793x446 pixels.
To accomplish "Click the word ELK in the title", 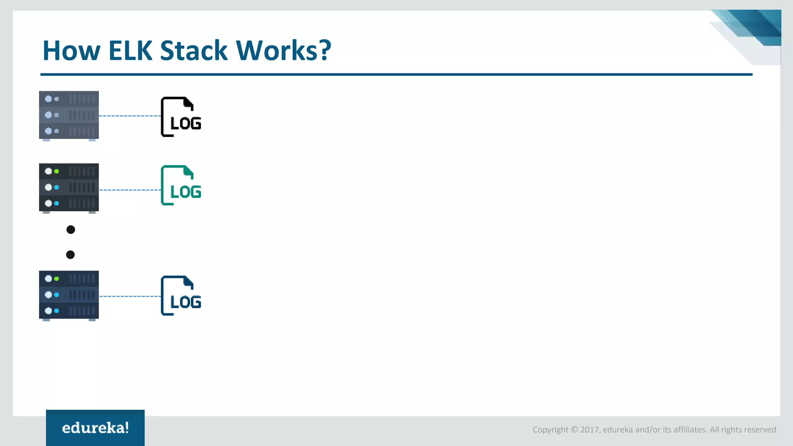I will click(x=130, y=51).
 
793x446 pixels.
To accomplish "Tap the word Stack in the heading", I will click(x=194, y=51).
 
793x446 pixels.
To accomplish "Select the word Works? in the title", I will click(x=283, y=51).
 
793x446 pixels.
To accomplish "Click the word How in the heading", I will click(x=72, y=51).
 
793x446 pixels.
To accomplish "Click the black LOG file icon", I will click(x=180, y=117).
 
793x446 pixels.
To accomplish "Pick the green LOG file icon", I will click(x=180, y=185).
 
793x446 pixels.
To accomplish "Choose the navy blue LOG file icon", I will click(x=180, y=295).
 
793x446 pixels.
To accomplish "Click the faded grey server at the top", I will click(x=69, y=115).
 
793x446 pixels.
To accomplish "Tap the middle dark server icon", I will click(x=69, y=187).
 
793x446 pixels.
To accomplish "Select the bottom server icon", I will click(x=69, y=295).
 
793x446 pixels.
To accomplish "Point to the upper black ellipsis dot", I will click(x=70, y=230).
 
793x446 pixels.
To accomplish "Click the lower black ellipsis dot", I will click(x=70, y=254).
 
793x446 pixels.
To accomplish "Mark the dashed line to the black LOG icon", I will click(x=130, y=116).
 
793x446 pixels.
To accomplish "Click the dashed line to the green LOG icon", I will click(x=130, y=190).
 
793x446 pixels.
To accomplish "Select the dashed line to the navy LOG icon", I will click(x=130, y=296).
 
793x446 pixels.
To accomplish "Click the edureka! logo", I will click(x=95, y=428).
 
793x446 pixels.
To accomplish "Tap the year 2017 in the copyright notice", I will click(x=590, y=430).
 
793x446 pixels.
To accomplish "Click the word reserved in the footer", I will click(x=763, y=430).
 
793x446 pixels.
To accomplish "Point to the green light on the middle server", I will click(x=57, y=171).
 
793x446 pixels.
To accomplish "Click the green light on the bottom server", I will click(x=57, y=279).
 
